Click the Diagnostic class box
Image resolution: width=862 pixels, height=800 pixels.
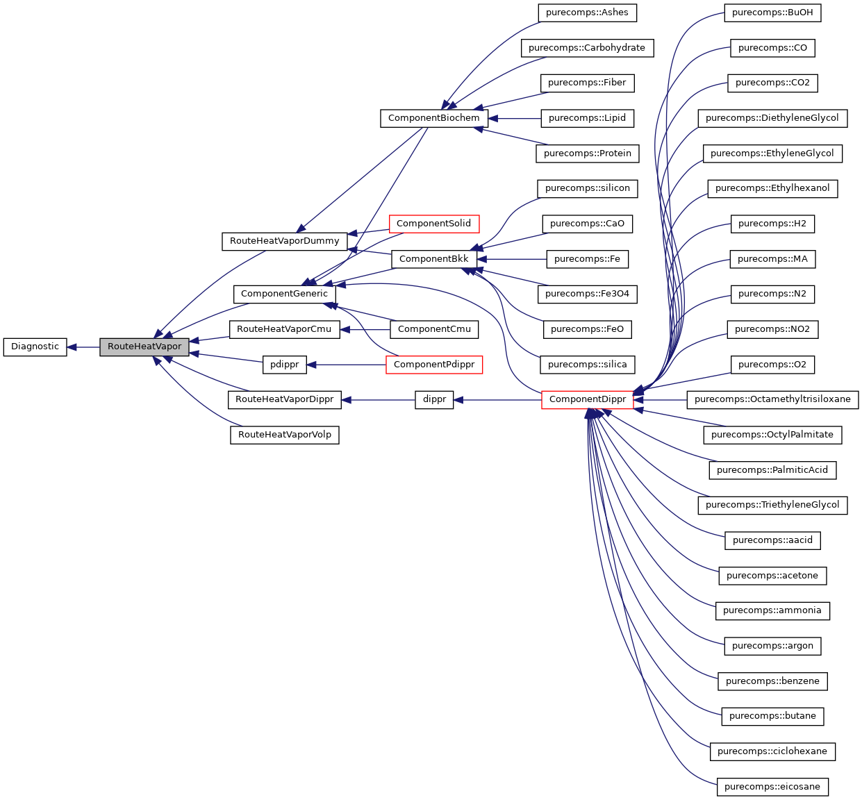(35, 347)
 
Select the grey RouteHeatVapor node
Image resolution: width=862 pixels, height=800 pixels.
(144, 347)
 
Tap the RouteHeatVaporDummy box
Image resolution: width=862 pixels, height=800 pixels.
(284, 241)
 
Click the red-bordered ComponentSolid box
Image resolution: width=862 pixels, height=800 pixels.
(433, 224)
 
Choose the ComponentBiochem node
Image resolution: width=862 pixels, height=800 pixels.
(433, 118)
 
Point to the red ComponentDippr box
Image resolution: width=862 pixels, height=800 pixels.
(587, 399)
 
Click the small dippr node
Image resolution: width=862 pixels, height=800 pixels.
(434, 399)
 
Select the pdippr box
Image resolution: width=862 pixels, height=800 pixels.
(284, 364)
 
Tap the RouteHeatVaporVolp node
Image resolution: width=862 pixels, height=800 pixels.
(284, 435)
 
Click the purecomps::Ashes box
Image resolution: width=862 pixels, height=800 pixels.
(587, 12)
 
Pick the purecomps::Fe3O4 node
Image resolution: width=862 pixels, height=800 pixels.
(587, 294)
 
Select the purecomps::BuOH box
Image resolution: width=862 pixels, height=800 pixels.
(772, 12)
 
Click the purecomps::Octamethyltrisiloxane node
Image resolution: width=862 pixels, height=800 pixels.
(772, 399)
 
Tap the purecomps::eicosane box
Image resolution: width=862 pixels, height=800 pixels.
(772, 787)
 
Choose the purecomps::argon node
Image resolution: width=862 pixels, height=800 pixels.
(772, 646)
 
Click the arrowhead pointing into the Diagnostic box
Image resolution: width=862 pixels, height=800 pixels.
(72, 347)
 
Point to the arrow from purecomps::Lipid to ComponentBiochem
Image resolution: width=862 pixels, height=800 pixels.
(514, 118)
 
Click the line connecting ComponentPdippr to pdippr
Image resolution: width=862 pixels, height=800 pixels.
(347, 364)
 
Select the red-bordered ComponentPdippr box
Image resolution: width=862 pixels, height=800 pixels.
(433, 364)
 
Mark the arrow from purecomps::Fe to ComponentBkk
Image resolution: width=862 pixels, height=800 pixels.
(514, 259)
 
